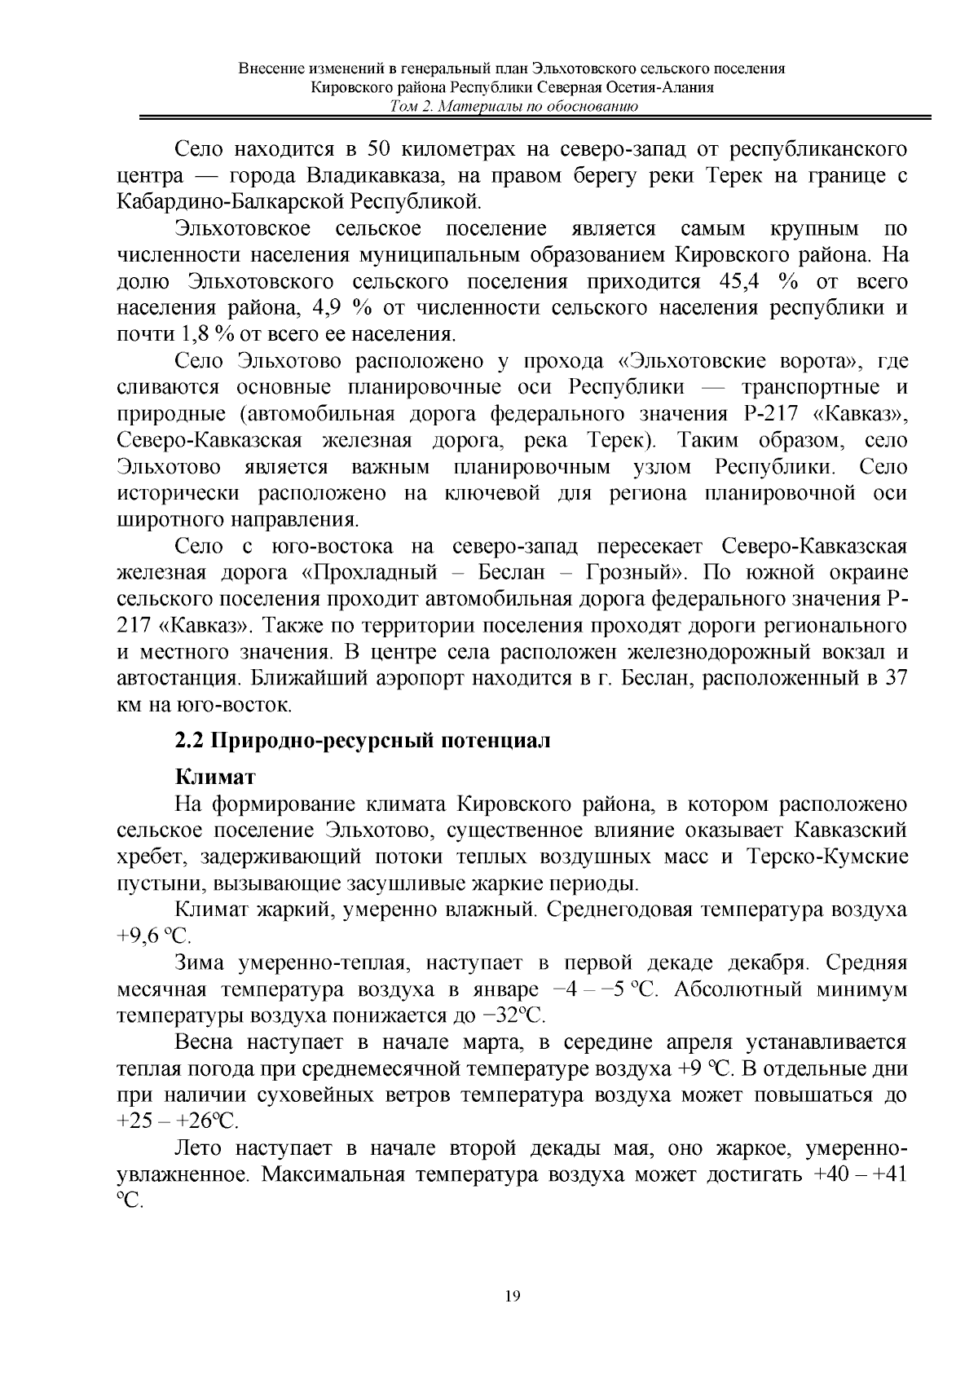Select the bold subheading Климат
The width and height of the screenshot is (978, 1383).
coord(214,777)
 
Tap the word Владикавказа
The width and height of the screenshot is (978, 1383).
coord(382,176)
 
